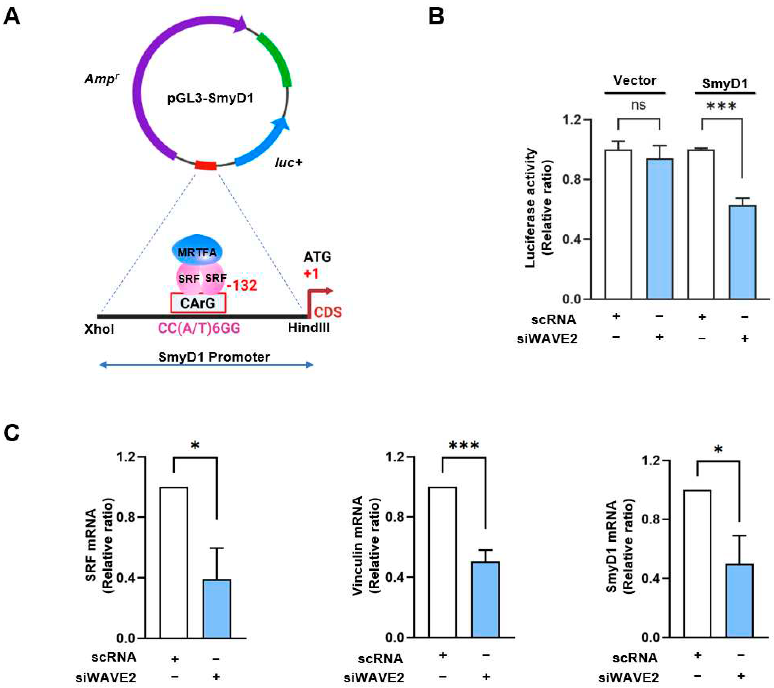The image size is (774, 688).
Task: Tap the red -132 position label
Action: (242, 285)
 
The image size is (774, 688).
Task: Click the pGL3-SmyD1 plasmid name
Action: (210, 98)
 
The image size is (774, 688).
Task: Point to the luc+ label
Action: (288, 163)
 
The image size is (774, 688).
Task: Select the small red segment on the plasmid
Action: (205, 165)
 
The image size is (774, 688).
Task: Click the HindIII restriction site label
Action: (309, 328)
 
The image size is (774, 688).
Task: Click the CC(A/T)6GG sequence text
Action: (199, 328)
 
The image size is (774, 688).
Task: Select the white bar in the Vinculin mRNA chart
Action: (442, 562)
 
